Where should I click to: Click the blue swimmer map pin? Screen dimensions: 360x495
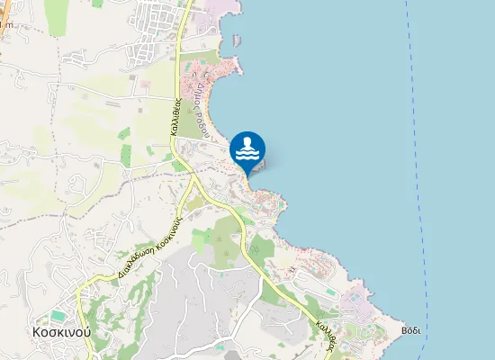coord(247,150)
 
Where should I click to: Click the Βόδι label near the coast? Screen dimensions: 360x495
coord(412,329)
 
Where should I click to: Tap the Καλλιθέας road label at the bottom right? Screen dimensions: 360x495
coord(325,332)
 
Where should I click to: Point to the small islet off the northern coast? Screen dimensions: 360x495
coord(237,40)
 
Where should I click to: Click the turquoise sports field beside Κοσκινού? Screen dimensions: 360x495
coord(58,315)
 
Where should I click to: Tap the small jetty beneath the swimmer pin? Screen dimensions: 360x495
coord(259,165)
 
